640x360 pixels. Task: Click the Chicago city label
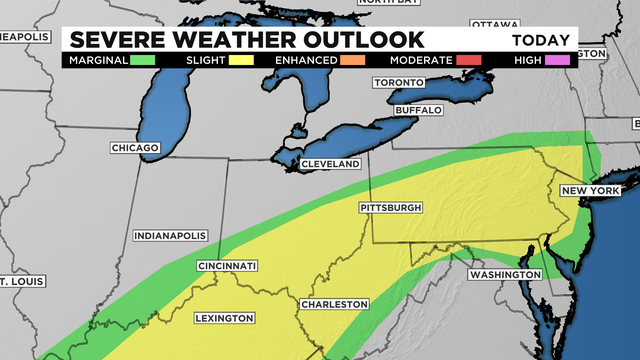tap(135, 148)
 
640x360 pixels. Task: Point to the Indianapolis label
tap(169, 236)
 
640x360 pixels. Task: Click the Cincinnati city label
tap(227, 266)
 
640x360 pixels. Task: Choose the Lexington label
tap(224, 318)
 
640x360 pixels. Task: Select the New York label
tap(591, 190)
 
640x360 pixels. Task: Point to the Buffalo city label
tap(418, 109)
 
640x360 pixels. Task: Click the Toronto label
tap(399, 83)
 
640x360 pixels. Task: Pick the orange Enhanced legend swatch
tap(351, 60)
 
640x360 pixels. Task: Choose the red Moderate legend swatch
tap(468, 60)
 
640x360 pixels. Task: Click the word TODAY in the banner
tap(541, 41)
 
